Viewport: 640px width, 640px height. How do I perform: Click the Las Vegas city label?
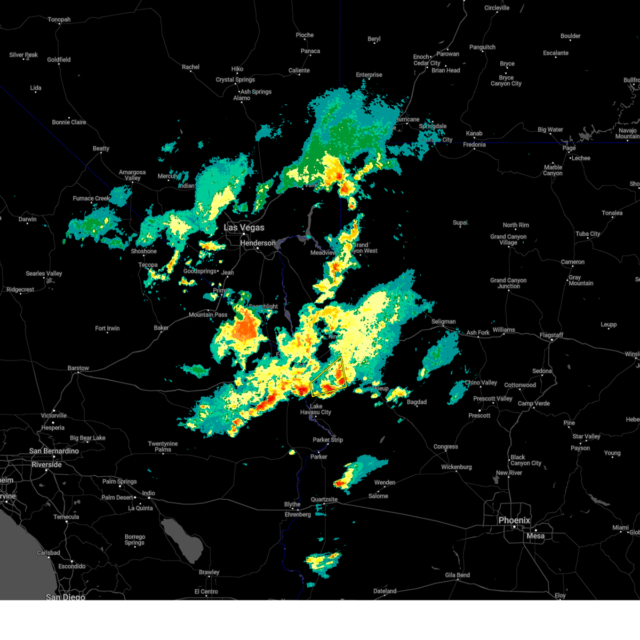(x=244, y=228)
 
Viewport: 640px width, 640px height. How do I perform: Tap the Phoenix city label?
(x=514, y=521)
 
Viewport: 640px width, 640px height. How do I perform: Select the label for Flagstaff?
(x=551, y=335)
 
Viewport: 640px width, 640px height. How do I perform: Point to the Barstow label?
(x=78, y=369)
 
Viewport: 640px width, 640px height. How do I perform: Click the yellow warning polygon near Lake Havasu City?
(x=329, y=377)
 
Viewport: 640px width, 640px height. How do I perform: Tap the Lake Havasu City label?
(x=316, y=409)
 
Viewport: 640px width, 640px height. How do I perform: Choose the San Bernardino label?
(x=54, y=451)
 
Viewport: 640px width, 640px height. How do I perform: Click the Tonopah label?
(x=59, y=20)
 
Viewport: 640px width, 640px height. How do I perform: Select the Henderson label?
(x=258, y=243)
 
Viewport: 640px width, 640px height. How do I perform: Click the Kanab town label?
(x=474, y=134)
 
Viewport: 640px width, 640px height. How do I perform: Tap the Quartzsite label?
(x=324, y=500)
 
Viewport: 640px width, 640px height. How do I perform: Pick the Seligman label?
(x=443, y=322)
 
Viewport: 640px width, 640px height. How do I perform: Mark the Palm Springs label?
(x=119, y=482)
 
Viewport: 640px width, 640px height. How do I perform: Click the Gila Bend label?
(x=457, y=575)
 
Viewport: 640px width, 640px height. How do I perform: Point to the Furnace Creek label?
(x=91, y=198)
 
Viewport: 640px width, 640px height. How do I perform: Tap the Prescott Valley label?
(x=492, y=399)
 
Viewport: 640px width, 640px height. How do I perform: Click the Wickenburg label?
(x=456, y=467)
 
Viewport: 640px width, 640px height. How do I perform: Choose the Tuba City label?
(x=587, y=234)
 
